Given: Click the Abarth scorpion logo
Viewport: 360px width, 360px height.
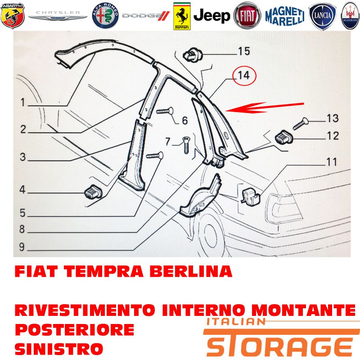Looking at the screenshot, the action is coord(13,16).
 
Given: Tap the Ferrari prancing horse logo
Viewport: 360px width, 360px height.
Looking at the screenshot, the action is coord(182,16).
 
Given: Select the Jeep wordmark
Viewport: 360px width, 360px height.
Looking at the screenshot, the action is coord(211,16).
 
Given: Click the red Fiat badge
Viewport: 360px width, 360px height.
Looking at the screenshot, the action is coord(247,16).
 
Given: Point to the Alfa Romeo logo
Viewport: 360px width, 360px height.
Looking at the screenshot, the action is coord(105,16).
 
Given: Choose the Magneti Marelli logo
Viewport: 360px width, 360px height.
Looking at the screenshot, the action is coord(285,16).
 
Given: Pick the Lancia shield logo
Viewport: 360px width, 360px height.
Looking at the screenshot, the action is coord(322,16).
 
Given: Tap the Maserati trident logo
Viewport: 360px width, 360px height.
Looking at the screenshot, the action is coord(351,16).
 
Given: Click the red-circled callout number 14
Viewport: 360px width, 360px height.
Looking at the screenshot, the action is coord(244,75).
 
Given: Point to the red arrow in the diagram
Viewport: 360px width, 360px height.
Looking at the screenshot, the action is coord(265,108).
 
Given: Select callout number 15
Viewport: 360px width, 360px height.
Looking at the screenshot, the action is coord(244,51).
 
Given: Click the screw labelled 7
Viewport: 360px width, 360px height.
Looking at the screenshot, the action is coord(186,144).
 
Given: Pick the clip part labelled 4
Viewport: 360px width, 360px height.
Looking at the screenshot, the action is coord(94,192).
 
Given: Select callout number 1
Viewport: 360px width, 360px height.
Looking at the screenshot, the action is coord(23,103).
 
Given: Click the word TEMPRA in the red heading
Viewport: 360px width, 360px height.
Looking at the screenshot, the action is coord(104,271).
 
